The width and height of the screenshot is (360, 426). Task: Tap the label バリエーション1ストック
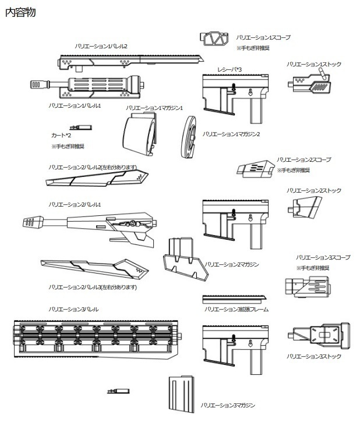(x=313, y=64)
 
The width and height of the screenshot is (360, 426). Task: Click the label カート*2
(x=61, y=135)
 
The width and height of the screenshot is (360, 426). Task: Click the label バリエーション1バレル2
(x=101, y=46)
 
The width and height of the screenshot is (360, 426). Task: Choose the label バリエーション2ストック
(x=313, y=190)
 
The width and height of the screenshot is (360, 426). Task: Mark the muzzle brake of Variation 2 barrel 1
(x=34, y=222)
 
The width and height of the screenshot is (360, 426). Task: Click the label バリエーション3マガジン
(x=228, y=405)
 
